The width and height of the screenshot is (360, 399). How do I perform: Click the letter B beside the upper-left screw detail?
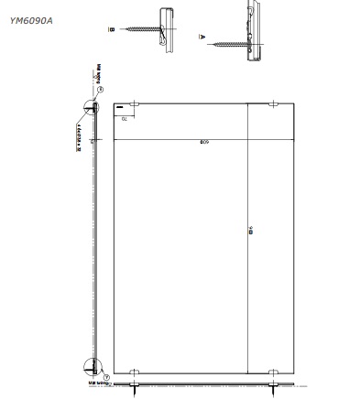pyautogui.click(x=112, y=29)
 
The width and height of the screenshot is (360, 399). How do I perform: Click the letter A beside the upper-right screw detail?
pyautogui.click(x=202, y=38)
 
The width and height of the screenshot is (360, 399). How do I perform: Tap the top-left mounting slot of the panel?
pyautogui.click(x=134, y=105)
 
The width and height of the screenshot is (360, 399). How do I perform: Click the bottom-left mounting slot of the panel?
pyautogui.click(x=134, y=372)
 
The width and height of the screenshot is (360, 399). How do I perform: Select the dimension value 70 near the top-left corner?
pyautogui.click(x=122, y=118)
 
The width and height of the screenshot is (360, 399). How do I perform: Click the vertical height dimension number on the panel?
pyautogui.click(x=249, y=232)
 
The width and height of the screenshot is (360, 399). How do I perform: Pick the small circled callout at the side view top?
pyautogui.click(x=101, y=90)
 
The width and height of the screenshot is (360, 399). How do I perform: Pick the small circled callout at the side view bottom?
pyautogui.click(x=106, y=376)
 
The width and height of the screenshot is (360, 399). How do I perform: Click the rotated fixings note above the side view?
pyautogui.click(x=94, y=71)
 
